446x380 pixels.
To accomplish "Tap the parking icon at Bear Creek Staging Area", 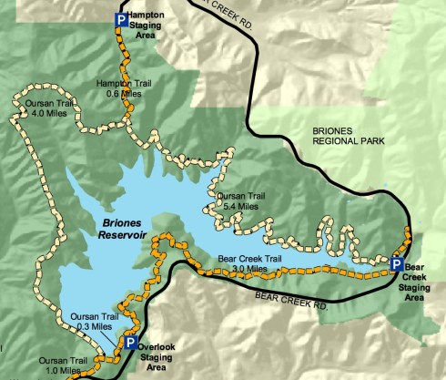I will coord(396,263).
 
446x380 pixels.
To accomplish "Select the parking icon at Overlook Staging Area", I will coord(131,343).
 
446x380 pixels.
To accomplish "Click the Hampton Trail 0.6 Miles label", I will coord(125,88).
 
